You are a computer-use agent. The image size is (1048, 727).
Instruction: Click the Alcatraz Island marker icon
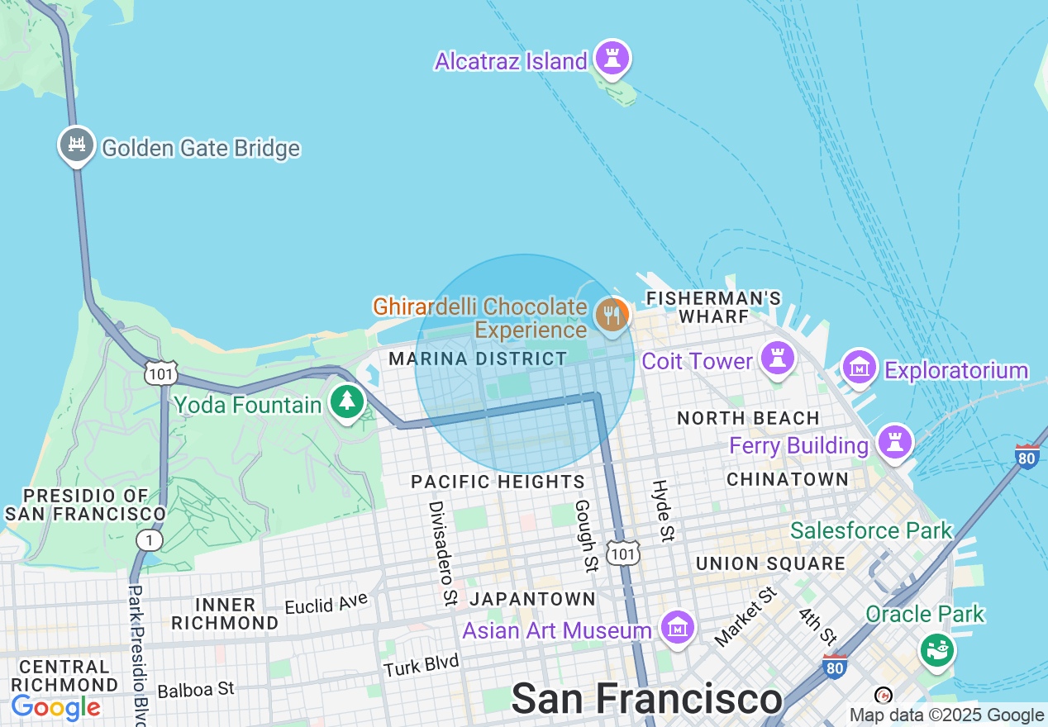(x=612, y=58)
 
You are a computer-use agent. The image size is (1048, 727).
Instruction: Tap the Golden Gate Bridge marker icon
(x=76, y=145)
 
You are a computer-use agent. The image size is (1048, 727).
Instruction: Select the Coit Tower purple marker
(x=777, y=359)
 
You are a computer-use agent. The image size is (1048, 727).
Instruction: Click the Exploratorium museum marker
(x=860, y=366)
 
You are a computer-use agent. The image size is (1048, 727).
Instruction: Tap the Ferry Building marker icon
(x=894, y=441)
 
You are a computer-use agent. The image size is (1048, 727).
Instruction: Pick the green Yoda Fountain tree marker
(x=347, y=402)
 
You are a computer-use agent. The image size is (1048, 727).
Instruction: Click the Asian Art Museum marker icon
(x=678, y=628)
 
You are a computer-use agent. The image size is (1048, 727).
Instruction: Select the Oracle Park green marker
(x=937, y=649)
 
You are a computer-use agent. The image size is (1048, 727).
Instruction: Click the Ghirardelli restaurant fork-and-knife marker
(x=611, y=315)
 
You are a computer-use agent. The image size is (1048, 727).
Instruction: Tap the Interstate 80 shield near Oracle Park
(x=835, y=666)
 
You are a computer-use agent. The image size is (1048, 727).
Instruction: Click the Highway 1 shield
(x=150, y=540)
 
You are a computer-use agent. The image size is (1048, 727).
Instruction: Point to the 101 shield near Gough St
(x=622, y=553)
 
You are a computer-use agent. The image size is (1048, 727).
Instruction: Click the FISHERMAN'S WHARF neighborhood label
(x=713, y=306)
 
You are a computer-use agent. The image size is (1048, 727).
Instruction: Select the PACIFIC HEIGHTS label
(x=498, y=482)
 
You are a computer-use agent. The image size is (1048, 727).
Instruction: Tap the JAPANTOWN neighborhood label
(x=532, y=599)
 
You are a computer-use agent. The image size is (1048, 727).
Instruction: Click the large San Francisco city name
(x=646, y=699)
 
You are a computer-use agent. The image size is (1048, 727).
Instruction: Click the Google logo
(x=55, y=708)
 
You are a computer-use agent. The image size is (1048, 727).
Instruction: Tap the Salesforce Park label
(x=871, y=530)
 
